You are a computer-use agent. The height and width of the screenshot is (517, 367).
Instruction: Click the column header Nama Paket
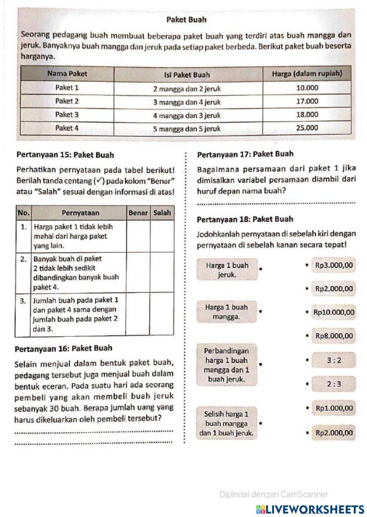[x=68, y=73]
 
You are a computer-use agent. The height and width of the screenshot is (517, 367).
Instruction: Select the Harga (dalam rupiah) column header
[x=307, y=74]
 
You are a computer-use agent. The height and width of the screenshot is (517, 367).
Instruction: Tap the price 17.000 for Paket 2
[x=307, y=101]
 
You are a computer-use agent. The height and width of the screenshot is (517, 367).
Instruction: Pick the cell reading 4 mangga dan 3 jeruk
[x=187, y=115]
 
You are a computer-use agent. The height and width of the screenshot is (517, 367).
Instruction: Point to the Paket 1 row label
[x=67, y=88]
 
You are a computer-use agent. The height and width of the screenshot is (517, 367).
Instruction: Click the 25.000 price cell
[x=307, y=128]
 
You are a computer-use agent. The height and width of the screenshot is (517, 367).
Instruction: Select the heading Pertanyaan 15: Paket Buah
[x=65, y=155]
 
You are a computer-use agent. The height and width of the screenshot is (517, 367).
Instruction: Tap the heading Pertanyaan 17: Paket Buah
[x=245, y=154]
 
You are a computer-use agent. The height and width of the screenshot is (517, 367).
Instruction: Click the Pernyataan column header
[x=80, y=212]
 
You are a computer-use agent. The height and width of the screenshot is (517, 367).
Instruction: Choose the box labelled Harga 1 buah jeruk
[x=227, y=270]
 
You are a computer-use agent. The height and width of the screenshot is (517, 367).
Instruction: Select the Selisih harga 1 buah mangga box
[x=226, y=423]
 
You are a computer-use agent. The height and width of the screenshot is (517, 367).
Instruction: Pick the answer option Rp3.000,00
[x=334, y=266]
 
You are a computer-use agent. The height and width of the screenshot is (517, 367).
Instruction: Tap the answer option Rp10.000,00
[x=334, y=312]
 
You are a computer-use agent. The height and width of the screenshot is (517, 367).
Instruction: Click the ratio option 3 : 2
[x=334, y=360]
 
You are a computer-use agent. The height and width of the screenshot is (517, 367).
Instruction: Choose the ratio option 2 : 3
[x=334, y=384]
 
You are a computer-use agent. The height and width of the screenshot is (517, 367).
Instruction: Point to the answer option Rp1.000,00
[x=334, y=408]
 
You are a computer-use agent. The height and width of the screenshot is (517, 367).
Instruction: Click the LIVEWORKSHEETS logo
[x=308, y=509]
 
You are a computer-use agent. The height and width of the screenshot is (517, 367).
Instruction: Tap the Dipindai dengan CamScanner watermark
[x=273, y=494]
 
